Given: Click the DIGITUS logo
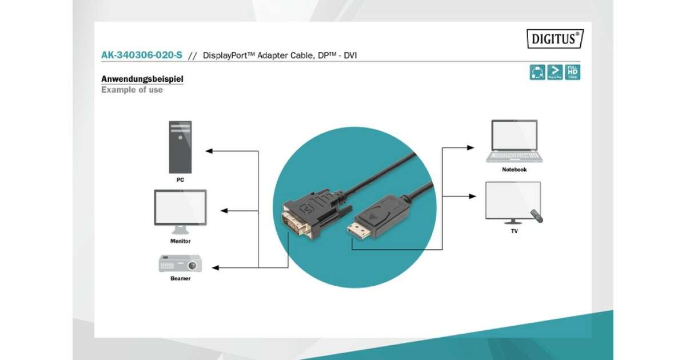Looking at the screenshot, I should click(x=555, y=39).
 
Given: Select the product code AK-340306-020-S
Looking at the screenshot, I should click(x=142, y=55).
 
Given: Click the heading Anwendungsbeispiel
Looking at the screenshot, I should click(x=142, y=79).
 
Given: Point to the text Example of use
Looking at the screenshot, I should click(x=132, y=90).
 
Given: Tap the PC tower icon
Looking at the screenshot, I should click(x=180, y=147).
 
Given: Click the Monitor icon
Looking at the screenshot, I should click(x=180, y=211).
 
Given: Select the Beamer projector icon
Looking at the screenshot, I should click(x=180, y=264).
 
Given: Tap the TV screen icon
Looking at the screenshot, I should click(x=513, y=201).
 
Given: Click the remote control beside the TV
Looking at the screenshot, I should click(x=536, y=216).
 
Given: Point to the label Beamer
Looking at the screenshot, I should click(x=180, y=279).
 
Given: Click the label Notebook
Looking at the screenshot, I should click(x=514, y=170).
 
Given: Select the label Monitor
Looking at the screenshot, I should click(x=180, y=241).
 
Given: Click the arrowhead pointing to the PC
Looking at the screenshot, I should click(x=209, y=151).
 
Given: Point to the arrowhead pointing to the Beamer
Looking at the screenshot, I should click(x=216, y=267).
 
